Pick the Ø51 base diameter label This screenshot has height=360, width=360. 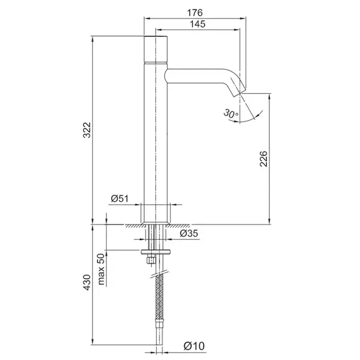pyautogui.click(x=120, y=198)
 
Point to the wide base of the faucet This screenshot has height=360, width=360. pyautogui.click(x=155, y=213)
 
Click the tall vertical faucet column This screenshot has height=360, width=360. pyautogui.click(x=155, y=134)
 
